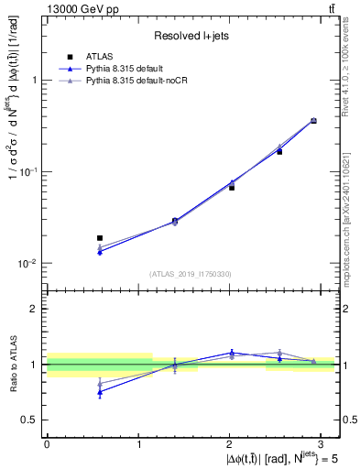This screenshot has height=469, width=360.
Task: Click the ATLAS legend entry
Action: pos(97,57)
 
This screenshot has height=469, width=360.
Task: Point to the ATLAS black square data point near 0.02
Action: pos(100,238)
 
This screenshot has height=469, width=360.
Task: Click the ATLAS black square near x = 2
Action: pos(232,187)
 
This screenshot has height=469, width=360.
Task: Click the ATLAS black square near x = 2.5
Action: pos(279,151)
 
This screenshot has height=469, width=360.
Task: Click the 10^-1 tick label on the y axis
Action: pos(29,171)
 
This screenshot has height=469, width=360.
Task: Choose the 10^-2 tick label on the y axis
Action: pos(29,263)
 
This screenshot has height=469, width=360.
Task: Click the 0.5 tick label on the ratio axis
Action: pos(30,420)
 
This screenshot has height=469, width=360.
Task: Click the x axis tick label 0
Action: pos(47,442)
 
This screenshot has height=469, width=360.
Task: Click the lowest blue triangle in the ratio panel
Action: pos(100,392)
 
